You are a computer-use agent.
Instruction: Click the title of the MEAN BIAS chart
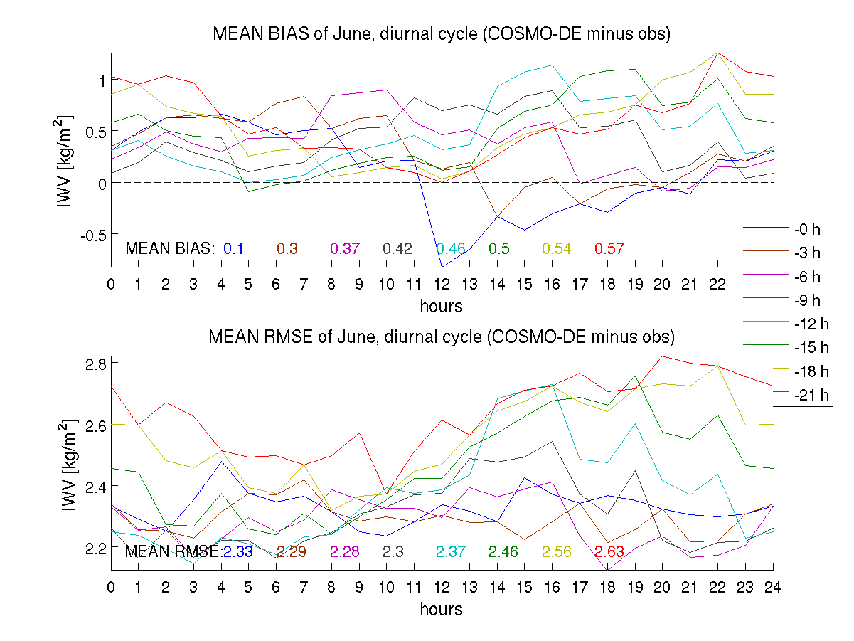(x=442, y=34)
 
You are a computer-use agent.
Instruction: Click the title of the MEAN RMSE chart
(x=442, y=337)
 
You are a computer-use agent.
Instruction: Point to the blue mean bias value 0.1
(x=234, y=248)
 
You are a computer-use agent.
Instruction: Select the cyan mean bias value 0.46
(x=451, y=248)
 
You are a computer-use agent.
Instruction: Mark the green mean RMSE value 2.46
(x=503, y=551)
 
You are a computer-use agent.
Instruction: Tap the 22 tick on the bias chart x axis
(x=717, y=284)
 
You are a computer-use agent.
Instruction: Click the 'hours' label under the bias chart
(x=442, y=307)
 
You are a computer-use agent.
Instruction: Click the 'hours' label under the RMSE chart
(x=442, y=609)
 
